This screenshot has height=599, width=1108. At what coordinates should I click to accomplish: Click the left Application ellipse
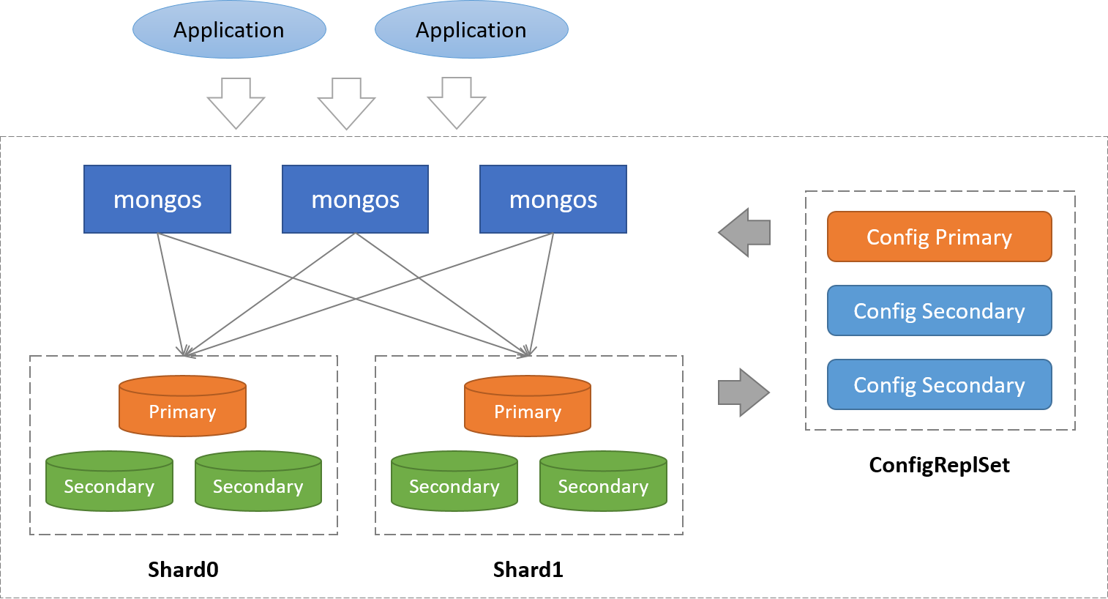(229, 30)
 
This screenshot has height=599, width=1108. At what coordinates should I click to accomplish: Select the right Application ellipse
(471, 30)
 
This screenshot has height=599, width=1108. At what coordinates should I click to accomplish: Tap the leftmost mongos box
(157, 199)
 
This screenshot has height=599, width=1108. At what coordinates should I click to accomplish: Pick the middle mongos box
(355, 199)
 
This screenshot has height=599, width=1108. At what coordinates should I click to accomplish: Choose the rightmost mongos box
(553, 199)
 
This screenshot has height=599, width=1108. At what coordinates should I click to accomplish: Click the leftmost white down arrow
(236, 103)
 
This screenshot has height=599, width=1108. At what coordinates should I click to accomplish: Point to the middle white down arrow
(346, 103)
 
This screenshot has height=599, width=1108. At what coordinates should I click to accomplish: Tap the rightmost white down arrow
(457, 103)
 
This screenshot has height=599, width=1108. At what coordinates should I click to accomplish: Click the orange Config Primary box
(939, 237)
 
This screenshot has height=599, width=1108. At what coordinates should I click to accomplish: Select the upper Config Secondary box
(939, 310)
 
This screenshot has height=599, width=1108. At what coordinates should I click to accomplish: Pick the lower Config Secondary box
(939, 384)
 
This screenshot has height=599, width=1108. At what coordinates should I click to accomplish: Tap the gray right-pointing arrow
(744, 392)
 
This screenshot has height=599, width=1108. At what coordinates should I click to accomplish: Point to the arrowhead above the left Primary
(185, 352)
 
